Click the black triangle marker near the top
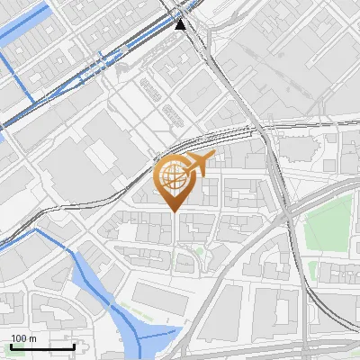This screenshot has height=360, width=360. tap(181, 23)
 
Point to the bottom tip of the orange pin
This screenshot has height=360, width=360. tap(174, 211)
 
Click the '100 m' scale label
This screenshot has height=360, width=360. tap(24, 338)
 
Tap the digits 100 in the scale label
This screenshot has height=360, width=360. tap(19, 338)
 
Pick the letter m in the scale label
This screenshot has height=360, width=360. tap(33, 338)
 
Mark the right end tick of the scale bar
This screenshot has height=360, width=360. tap(74, 345)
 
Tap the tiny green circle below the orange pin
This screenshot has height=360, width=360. tap(197, 251)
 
